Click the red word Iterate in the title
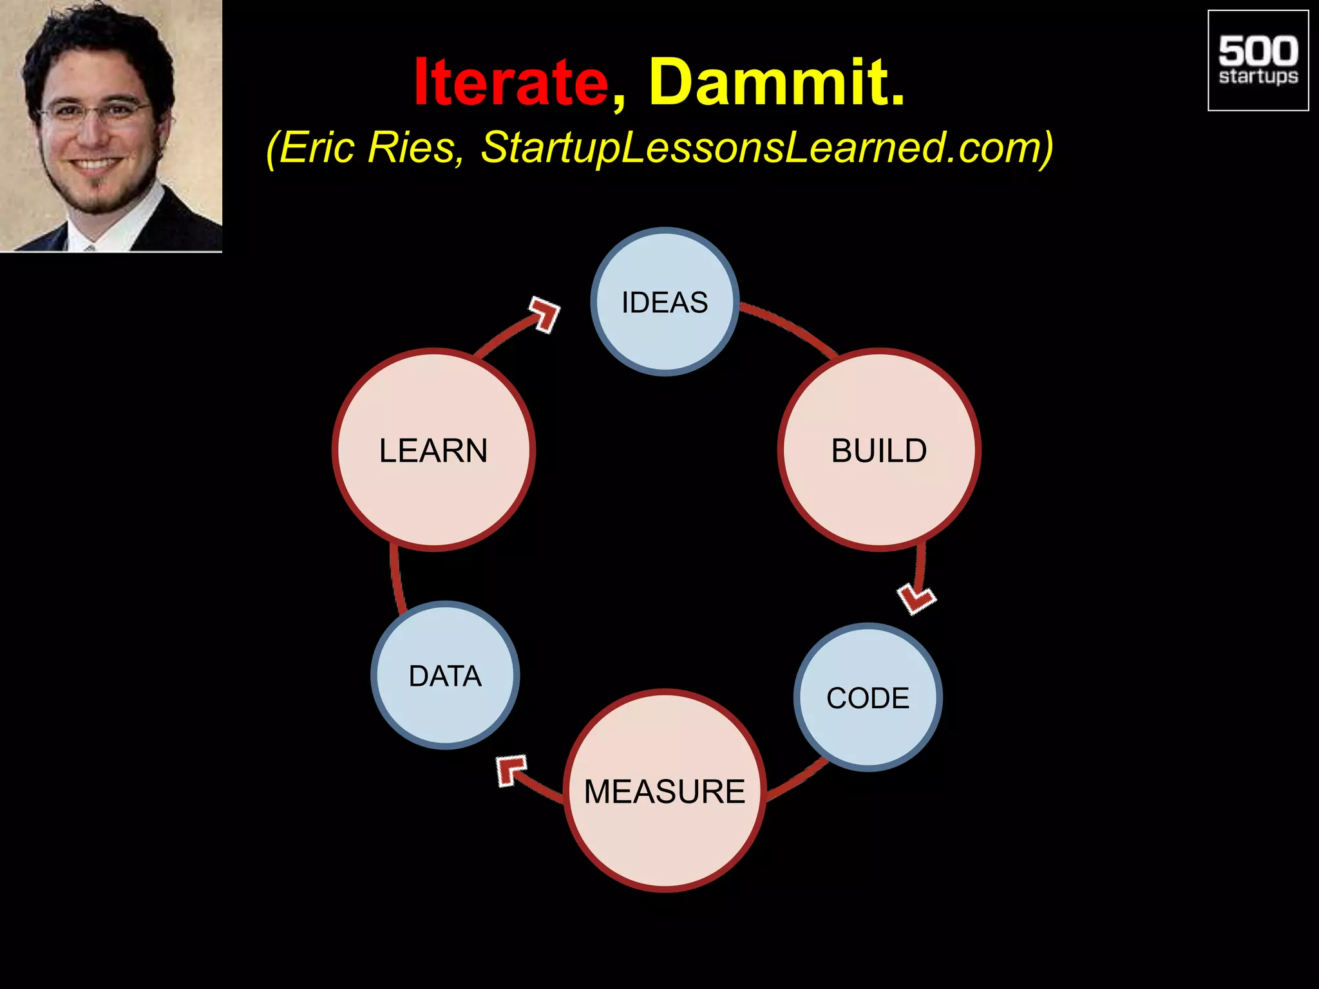point(511,83)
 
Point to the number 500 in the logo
point(1258,51)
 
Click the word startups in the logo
point(1258,77)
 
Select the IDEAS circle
point(665,301)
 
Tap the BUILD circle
point(879,449)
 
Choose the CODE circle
point(868,697)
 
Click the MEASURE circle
point(665,791)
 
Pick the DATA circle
point(445,675)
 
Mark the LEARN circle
point(433,449)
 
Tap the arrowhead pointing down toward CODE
point(916,599)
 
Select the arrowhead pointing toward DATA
point(511,769)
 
